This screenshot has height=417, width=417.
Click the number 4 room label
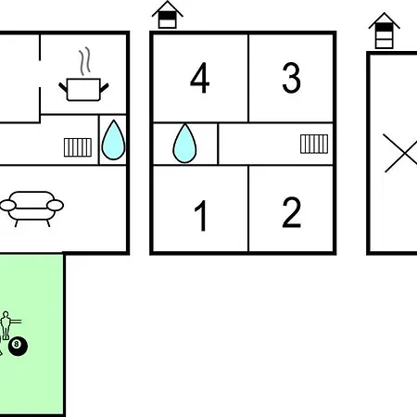200,78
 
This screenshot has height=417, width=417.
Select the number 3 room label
291,78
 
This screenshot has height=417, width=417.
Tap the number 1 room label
201,215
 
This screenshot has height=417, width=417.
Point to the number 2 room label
291,212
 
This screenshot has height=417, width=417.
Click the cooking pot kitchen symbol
83,90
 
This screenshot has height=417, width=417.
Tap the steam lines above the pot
85,61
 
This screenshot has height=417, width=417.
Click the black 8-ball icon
18,347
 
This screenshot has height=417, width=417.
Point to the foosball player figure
6,325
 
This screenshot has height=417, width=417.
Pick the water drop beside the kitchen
113,140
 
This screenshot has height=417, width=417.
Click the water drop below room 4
184,144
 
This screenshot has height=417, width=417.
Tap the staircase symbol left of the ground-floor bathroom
78,147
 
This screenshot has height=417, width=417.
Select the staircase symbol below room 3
314,144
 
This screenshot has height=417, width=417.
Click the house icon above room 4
168,15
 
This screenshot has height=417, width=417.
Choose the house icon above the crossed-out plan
385,31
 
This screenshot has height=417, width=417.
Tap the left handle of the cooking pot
63,87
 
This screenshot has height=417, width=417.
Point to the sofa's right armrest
56,205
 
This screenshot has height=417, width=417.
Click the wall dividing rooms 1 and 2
248,208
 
